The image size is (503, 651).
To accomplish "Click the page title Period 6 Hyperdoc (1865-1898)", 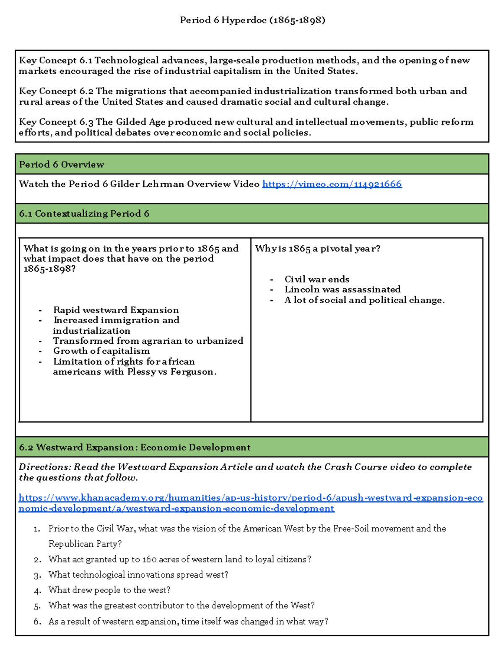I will (x=252, y=20).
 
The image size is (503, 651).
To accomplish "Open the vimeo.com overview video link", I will (x=332, y=184).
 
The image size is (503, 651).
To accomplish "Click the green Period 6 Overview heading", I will (x=62, y=164).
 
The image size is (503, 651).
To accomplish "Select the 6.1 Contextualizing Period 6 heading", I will (x=84, y=213).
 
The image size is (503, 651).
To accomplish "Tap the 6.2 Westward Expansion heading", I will (x=135, y=447).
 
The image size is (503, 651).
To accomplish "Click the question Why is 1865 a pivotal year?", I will (x=317, y=249).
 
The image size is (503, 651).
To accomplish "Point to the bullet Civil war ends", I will (x=316, y=279).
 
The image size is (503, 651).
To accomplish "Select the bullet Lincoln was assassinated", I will (x=342, y=289).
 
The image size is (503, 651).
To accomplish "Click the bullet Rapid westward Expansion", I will (x=116, y=310).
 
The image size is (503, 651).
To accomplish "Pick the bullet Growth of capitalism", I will (x=101, y=351).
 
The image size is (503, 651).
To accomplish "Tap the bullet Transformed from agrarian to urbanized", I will (x=148, y=341).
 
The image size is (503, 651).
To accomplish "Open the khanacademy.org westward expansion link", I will (x=250, y=503).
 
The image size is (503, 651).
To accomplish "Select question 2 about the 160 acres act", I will (x=179, y=559).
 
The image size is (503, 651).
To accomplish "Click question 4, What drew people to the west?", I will (x=109, y=590).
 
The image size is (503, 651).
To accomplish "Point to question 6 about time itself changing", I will (x=188, y=621).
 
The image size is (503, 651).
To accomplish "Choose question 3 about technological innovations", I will (x=138, y=575).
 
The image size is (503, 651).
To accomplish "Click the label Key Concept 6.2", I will (x=56, y=91).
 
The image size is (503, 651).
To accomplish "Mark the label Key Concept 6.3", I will (x=56, y=122).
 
